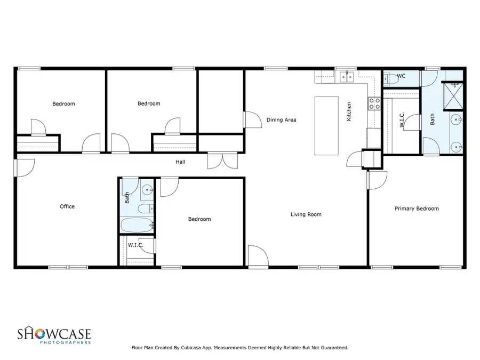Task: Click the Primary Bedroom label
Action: coord(417,209)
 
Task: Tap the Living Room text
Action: coord(306,214)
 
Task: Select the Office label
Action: coord(67,206)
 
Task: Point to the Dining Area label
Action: coord(281,120)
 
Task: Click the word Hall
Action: coord(181,162)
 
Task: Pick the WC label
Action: coord(401,76)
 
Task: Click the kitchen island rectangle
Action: coord(326,125)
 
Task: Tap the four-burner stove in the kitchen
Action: coord(374,103)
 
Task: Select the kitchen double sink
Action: coord(347,78)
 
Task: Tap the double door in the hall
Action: coord(217,160)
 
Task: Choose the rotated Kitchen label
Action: coord(349,111)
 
